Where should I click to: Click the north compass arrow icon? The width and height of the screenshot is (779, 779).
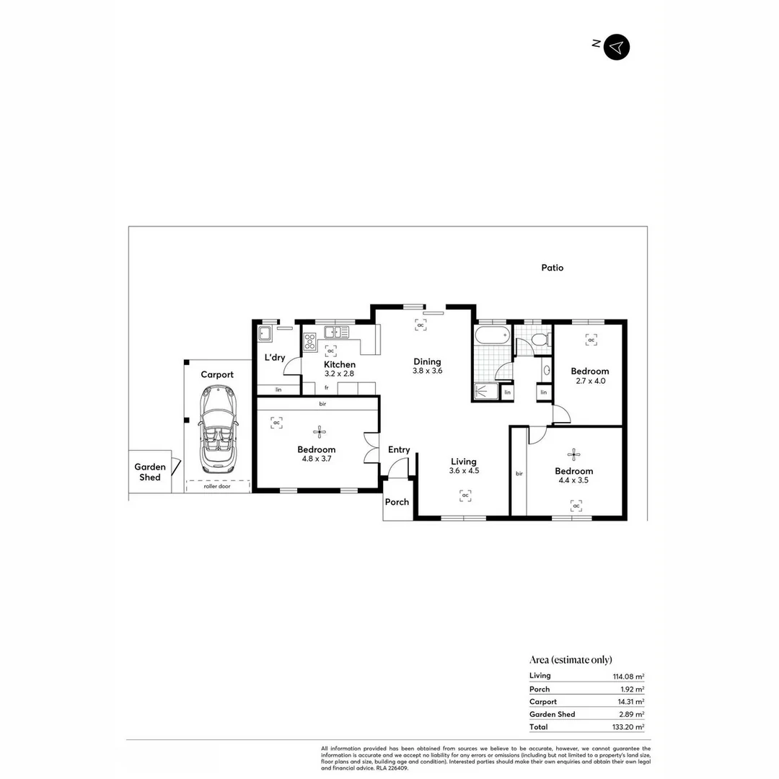click(616, 47)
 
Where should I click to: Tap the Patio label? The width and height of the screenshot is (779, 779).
click(553, 268)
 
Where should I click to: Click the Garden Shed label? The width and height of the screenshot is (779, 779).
click(150, 472)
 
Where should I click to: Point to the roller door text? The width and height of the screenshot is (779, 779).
click(218, 486)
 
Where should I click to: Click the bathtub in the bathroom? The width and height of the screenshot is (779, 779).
click(492, 336)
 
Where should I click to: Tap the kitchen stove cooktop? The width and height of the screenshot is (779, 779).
click(310, 341)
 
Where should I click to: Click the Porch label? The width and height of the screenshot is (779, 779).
click(397, 502)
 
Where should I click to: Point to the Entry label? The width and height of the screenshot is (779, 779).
click(399, 449)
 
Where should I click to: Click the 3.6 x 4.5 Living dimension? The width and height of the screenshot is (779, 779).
click(464, 470)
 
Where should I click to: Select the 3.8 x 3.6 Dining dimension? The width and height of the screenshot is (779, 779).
click(427, 371)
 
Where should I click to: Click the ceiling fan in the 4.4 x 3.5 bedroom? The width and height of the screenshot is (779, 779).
click(574, 454)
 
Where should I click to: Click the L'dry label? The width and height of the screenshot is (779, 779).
click(275, 357)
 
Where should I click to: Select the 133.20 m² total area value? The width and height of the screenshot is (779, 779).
click(627, 727)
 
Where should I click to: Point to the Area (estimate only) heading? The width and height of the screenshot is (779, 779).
click(571, 659)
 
